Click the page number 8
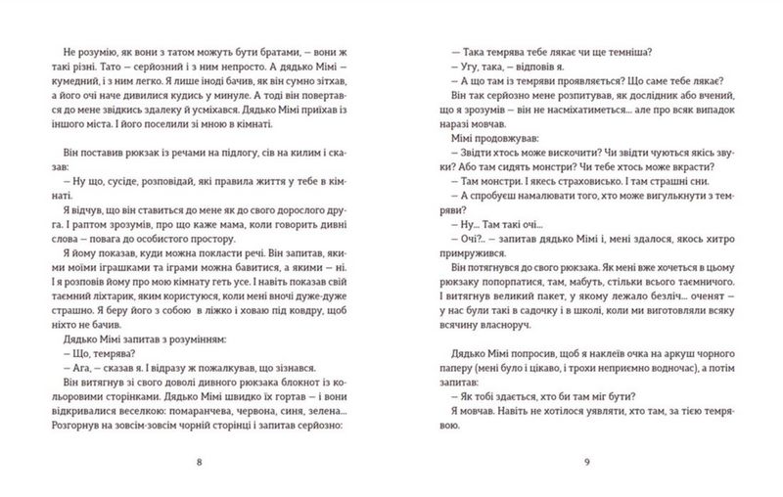pyautogui.click(x=200, y=463)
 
